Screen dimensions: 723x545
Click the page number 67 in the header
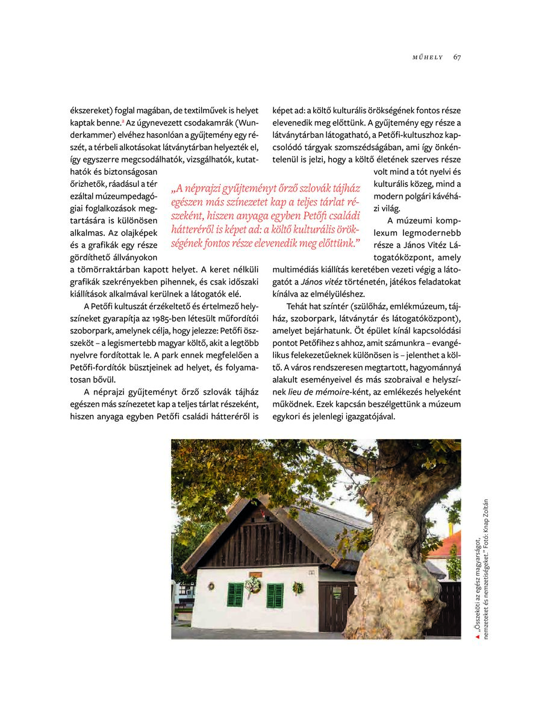457,57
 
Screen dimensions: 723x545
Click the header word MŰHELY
428,57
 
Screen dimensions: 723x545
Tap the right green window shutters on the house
275,595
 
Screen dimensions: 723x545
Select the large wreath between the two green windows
252,585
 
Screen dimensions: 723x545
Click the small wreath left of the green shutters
211,586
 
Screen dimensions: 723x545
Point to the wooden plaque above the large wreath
255,574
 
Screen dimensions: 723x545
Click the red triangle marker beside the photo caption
476,636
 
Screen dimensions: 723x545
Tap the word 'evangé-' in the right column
444,342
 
